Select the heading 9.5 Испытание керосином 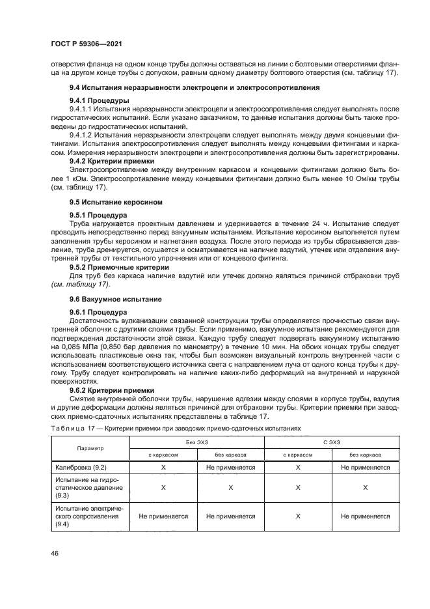tap(112, 202)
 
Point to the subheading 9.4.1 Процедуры tap(98, 100)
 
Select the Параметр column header tap(90, 448)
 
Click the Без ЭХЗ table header tap(196, 442)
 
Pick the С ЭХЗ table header tap(331, 442)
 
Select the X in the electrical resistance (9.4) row tap(297, 516)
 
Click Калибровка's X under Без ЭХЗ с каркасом tap(163, 467)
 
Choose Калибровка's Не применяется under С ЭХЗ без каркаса tap(365, 467)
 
